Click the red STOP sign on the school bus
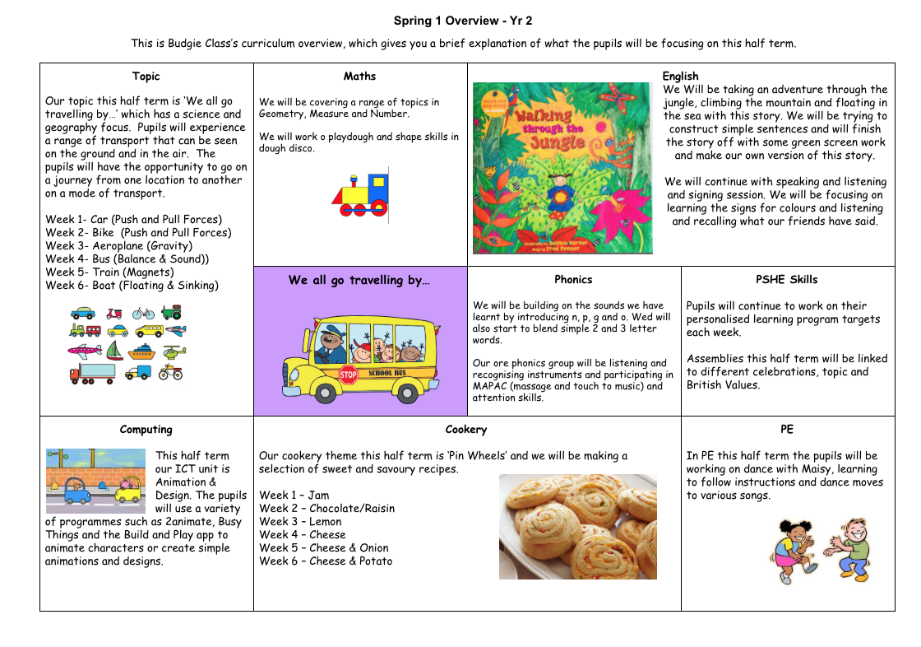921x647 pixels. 347,375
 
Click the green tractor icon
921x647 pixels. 171,313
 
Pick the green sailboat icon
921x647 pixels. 115,352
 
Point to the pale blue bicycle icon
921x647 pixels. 143,313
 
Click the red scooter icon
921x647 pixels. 114,313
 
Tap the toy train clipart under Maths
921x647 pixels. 361,195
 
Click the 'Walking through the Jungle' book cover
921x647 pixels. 562,168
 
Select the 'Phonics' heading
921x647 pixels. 573,279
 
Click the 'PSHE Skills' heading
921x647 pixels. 787,279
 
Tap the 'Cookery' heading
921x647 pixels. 466,429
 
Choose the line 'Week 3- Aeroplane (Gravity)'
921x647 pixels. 118,245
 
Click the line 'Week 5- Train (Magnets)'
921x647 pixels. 109,272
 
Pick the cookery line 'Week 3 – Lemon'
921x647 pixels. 300,521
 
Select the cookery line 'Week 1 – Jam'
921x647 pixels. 294,495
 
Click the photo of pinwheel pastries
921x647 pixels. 577,527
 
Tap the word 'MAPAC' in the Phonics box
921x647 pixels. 491,386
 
